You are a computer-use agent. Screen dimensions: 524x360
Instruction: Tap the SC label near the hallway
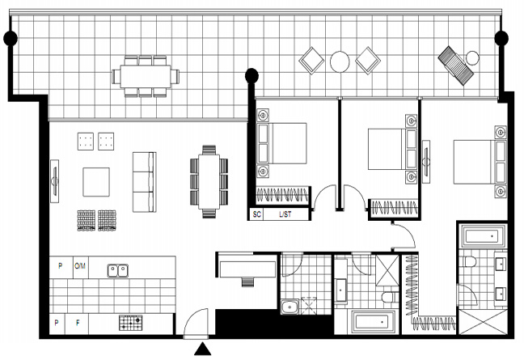point(256,214)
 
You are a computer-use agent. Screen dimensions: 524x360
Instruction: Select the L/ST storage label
point(285,214)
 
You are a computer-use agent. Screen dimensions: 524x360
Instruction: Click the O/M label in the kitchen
point(80,266)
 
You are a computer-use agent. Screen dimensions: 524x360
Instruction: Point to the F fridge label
point(78,323)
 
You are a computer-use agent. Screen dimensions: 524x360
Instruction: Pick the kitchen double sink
point(117,270)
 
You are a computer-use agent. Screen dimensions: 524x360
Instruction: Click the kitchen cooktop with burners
point(131,323)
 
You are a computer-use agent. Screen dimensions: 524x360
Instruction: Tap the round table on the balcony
point(340,61)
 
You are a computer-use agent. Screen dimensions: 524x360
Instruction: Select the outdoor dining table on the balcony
point(146,76)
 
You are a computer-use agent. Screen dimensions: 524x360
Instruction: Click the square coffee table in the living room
point(96,182)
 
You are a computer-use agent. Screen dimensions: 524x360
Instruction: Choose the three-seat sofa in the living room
point(145,182)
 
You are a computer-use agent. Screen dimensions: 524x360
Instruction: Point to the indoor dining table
point(209,181)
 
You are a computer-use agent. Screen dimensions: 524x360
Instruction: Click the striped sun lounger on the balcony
point(455,66)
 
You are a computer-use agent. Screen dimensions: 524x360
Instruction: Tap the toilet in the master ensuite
point(470,261)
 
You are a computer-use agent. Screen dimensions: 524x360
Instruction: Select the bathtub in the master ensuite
point(482,236)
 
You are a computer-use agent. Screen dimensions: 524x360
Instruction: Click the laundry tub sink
point(289,307)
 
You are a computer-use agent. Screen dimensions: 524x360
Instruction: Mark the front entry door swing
point(196,322)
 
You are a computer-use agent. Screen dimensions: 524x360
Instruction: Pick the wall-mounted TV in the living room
point(54,181)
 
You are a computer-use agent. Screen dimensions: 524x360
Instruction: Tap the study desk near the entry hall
point(247,269)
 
